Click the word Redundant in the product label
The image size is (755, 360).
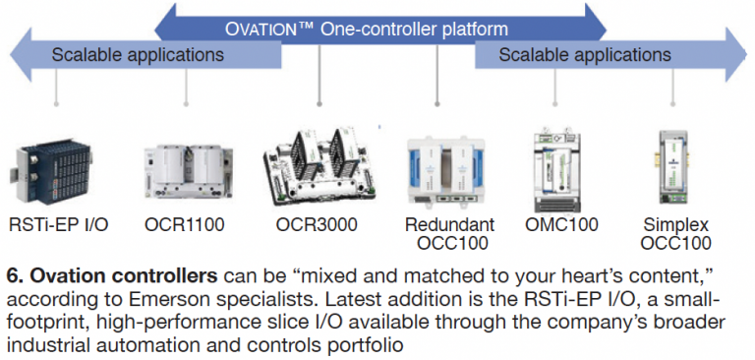point(449,224)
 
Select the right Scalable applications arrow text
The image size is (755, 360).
point(584,54)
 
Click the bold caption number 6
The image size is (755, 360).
point(12,272)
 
